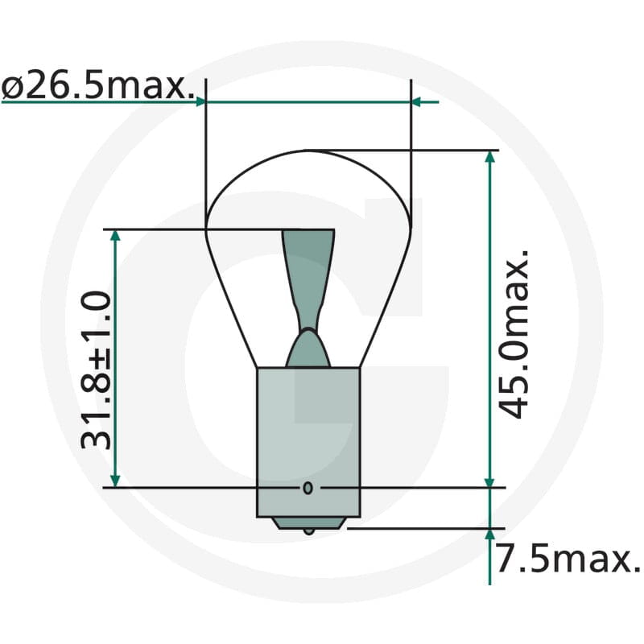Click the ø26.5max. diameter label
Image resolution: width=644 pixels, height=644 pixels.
pos(97,87)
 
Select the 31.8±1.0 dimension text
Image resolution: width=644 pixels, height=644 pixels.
pos(96,370)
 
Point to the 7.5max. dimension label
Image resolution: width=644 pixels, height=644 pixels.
pos(568,558)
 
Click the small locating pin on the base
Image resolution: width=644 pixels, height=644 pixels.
pos(308,488)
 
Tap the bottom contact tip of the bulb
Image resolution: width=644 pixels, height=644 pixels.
pos(309,531)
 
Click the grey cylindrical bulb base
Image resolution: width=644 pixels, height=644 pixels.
pos(308,442)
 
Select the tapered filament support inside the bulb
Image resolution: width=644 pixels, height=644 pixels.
pos(308,279)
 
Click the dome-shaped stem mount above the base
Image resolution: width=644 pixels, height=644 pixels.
pos(308,349)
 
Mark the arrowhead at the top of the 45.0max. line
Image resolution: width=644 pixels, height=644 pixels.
pos(489,158)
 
